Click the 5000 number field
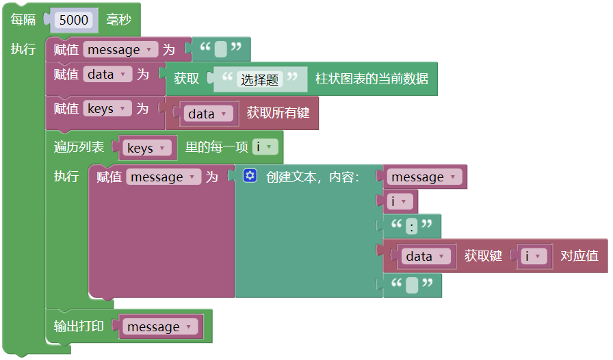73,20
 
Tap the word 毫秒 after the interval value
118,20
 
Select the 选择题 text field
260,79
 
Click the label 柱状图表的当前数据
371,79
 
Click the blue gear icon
250,177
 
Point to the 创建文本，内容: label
313,177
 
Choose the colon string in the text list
412,226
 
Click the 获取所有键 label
277,113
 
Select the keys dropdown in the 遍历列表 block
146,148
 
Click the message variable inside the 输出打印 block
159,327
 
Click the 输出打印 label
79,326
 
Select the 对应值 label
579,256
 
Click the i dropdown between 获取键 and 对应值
534,256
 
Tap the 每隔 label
23,20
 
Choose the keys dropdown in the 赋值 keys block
107,108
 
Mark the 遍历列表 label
79,147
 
